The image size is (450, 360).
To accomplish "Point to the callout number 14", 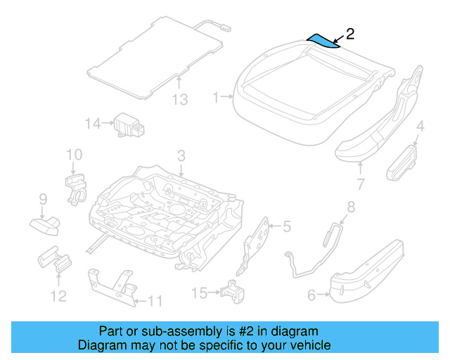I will coord(93,124).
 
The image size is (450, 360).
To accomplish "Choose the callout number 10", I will coord(74,154).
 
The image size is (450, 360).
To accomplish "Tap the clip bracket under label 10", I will coord(77,188).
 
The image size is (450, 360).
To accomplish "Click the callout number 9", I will coord(42,199).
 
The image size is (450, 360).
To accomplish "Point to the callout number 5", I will coord(286,226).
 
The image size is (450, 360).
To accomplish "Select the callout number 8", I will coord(351,207).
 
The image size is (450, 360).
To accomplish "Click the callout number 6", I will coord(311,296).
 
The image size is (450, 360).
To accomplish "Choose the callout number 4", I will coord(420,127).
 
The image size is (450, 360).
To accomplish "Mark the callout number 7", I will coord(360,185).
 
